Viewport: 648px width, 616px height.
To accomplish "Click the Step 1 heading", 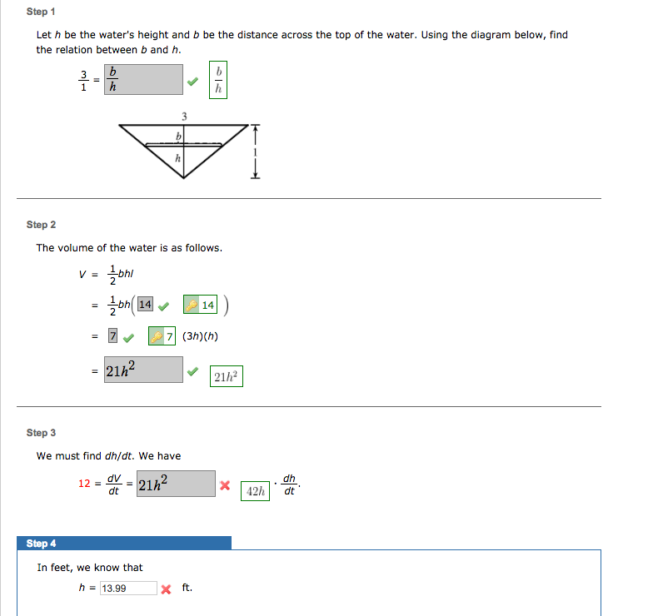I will tap(41, 12).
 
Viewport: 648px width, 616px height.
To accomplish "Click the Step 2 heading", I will tap(41, 225).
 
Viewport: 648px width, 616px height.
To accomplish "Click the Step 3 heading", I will tap(41, 433).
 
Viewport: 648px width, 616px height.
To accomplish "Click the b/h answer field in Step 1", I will tap(143, 79).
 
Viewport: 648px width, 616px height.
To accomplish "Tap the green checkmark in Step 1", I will tap(192, 82).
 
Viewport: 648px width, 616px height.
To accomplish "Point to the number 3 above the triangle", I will tap(184, 116).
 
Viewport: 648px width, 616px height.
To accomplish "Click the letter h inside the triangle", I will tap(177, 158).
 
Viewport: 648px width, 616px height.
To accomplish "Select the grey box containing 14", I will tap(145, 305).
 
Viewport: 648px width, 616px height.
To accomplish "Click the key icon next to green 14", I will tap(192, 306).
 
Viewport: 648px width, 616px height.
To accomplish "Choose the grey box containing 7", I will tap(112, 337).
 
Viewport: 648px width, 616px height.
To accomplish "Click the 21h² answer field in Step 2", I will tap(143, 370).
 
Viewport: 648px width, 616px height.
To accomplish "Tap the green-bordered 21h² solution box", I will tap(226, 377).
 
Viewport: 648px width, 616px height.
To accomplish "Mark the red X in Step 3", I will tap(225, 485).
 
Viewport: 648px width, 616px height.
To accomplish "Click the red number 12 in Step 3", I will tap(85, 484).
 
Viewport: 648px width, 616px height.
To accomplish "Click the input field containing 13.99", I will tap(127, 589).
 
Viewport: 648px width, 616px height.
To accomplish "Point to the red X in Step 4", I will tap(166, 589).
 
